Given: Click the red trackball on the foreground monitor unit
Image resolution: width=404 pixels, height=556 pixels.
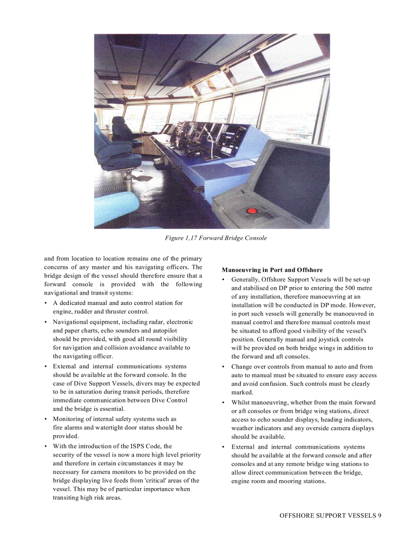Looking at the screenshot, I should pyautogui.click(x=252, y=210).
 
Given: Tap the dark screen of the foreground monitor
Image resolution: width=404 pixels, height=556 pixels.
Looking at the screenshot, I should pyautogui.click(x=293, y=181).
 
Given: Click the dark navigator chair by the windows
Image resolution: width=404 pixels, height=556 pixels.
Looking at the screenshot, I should pyautogui.click(x=121, y=130).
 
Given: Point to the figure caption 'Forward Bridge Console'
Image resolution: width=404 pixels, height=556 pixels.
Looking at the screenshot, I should pyautogui.click(x=216, y=238).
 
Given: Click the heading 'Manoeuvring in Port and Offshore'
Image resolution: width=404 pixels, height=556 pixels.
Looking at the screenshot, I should pyautogui.click(x=272, y=270).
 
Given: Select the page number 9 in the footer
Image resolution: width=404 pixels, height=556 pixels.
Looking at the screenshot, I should pyautogui.click(x=379, y=515).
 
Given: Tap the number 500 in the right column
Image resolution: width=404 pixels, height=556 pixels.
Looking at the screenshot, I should pyautogui.click(x=352, y=288).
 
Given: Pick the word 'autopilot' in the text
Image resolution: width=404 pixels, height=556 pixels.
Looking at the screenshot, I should pyautogui.click(x=164, y=330).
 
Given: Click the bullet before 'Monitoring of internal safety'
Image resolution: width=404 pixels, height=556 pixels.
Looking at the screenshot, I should pyautogui.click(x=46, y=419).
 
